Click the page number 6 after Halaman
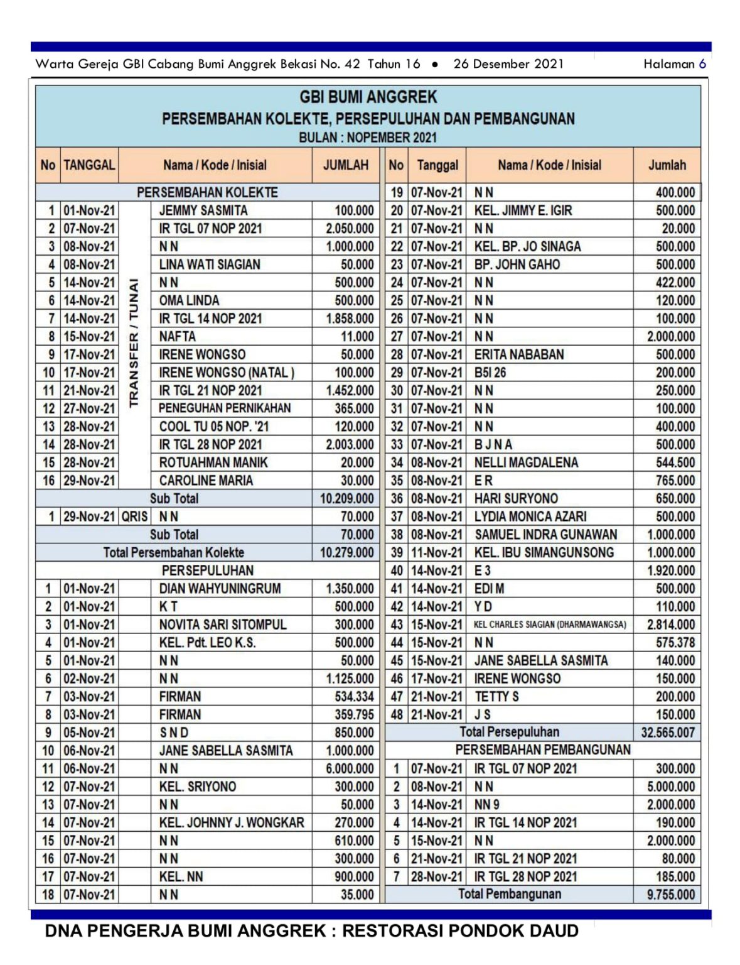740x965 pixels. [702, 63]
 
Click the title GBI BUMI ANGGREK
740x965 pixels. [368, 97]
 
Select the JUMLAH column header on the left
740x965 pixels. [345, 165]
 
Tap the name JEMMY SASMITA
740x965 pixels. [203, 210]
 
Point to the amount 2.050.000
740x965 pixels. [350, 229]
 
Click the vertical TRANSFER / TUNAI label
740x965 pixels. [134, 342]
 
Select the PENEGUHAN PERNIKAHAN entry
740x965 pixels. [225, 408]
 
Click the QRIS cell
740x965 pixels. [134, 516]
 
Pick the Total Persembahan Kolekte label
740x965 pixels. [174, 553]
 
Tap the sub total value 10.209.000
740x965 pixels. [346, 499]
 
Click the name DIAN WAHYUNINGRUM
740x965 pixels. [220, 589]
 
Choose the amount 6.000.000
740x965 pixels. [350, 768]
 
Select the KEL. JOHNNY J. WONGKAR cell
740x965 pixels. [231, 822]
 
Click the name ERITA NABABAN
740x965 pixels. [519, 354]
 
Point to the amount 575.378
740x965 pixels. [675, 643]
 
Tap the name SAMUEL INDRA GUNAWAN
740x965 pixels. [545, 535]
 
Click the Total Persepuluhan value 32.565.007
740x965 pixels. [668, 733]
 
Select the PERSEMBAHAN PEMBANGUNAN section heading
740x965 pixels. [543, 750]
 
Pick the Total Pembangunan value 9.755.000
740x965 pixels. [671, 895]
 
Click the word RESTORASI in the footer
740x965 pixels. [398, 931]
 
